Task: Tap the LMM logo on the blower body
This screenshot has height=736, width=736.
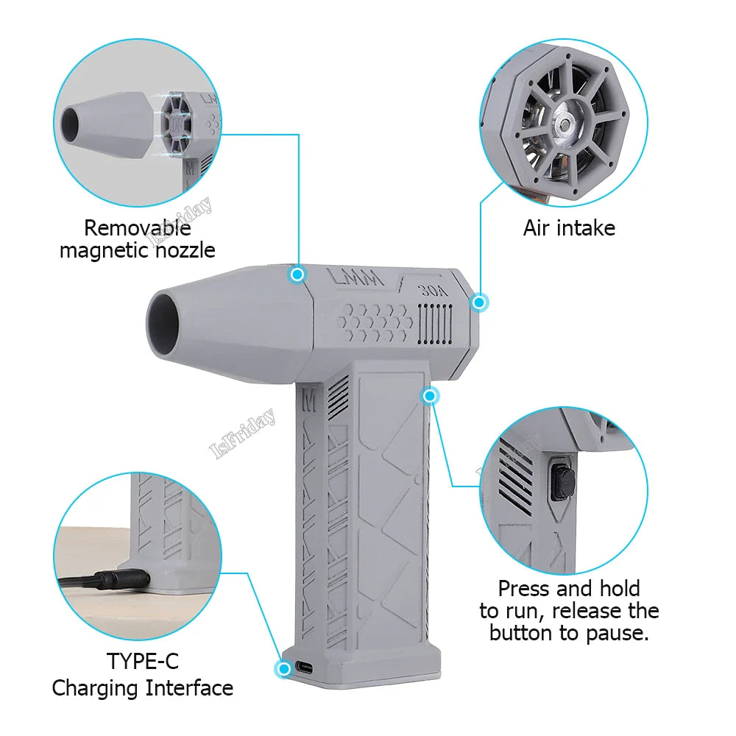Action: [x=355, y=279]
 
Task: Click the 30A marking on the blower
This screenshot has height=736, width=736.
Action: [x=434, y=290]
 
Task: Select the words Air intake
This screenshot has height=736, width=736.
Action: [x=569, y=228]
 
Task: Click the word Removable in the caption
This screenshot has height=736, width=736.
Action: [x=138, y=228]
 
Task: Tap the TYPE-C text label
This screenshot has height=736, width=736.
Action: [x=143, y=661]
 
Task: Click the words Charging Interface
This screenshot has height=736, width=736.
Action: [x=143, y=688]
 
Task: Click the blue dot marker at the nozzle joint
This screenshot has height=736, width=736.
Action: [x=297, y=275]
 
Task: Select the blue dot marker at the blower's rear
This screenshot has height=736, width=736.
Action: [x=480, y=302]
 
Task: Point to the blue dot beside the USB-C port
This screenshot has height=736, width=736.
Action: [x=283, y=668]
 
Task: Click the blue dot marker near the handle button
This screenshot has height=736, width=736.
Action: [x=430, y=396]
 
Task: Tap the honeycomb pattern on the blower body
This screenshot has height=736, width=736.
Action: [x=375, y=321]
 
